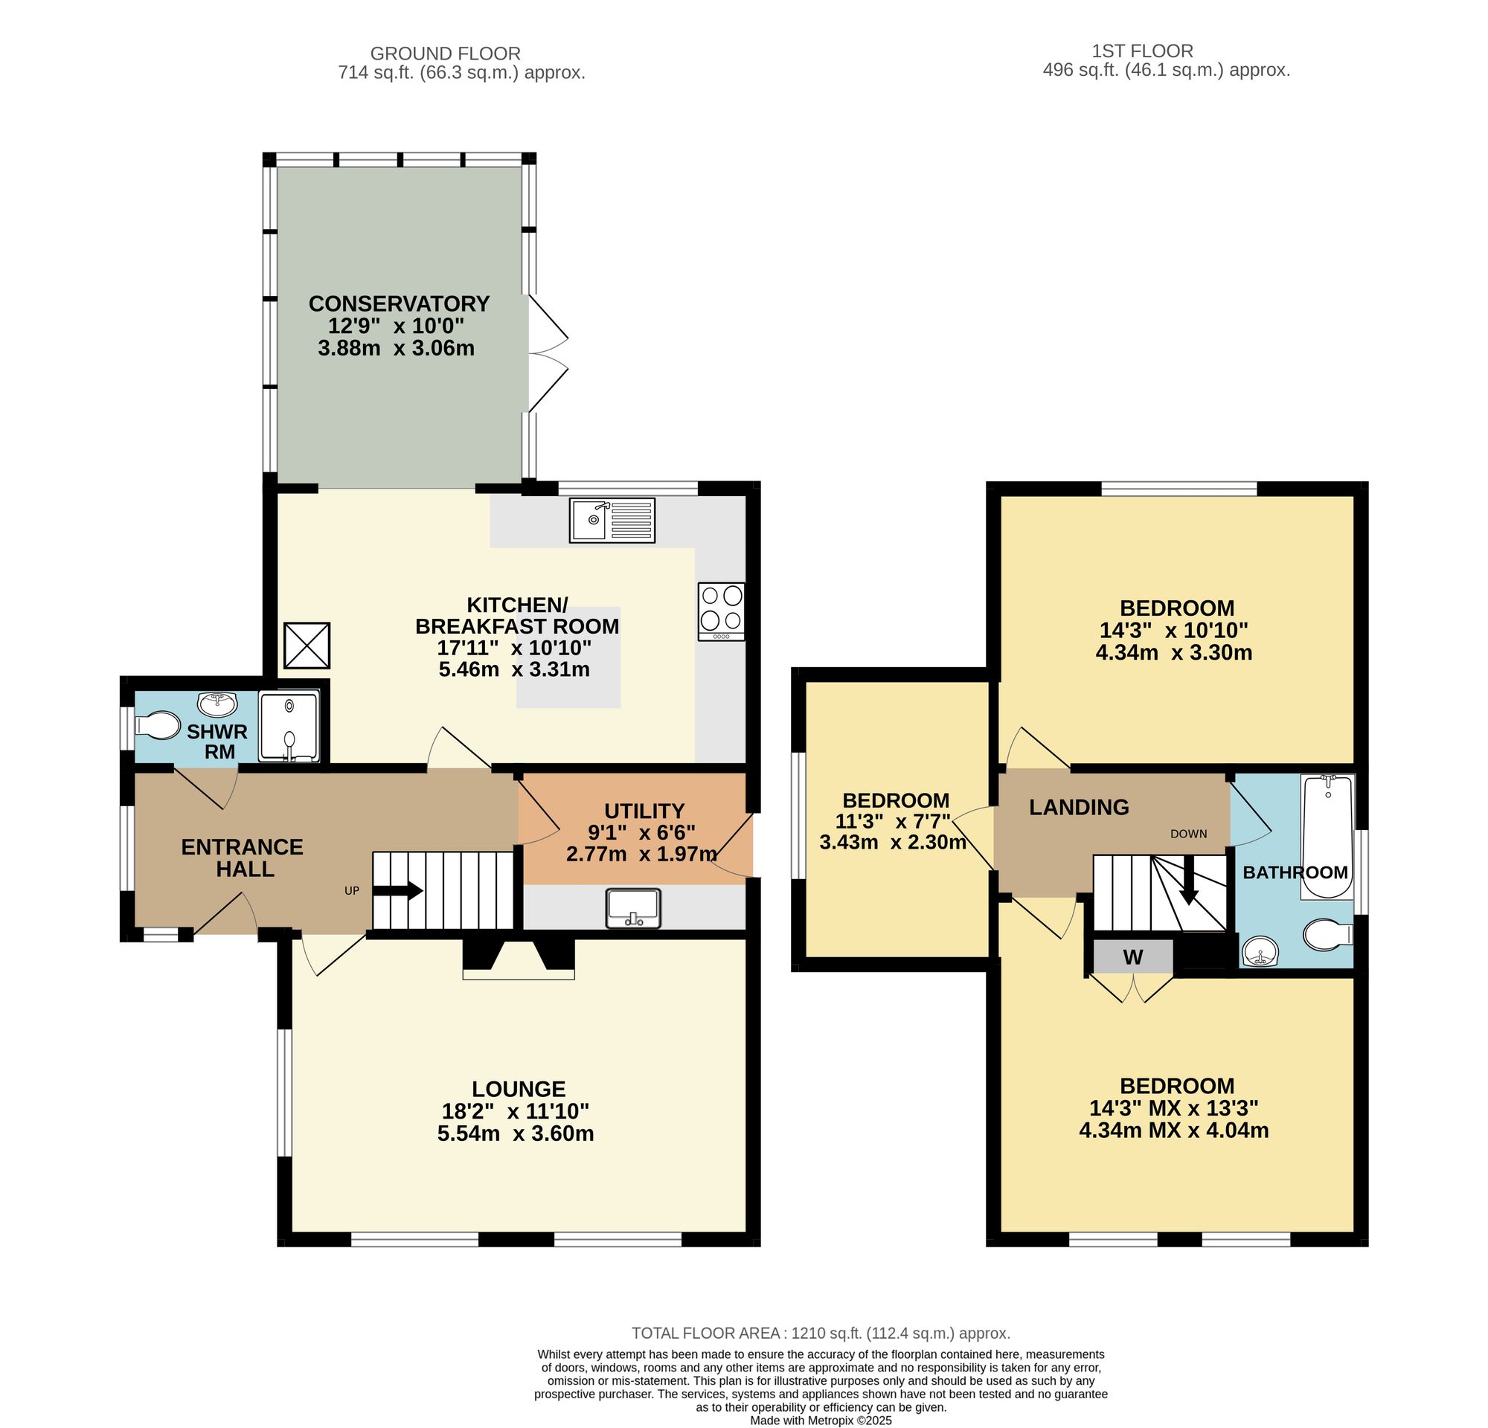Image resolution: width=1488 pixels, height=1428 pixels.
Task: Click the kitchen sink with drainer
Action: tap(612, 520)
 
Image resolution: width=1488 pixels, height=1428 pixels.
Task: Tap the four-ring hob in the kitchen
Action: tap(721, 611)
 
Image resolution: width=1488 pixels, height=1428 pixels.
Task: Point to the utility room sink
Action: tap(634, 908)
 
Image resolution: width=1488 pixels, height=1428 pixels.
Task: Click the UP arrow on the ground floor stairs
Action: tap(398, 890)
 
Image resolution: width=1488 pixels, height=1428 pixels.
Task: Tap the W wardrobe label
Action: tap(1132, 957)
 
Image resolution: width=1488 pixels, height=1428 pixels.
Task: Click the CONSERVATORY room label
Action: tap(400, 303)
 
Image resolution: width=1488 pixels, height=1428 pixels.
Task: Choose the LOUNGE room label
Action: tap(519, 1090)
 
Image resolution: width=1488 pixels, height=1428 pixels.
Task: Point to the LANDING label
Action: tap(1079, 807)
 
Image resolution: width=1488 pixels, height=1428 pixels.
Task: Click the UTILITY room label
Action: tap(644, 811)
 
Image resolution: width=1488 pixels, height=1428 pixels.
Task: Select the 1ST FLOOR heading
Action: tap(1142, 51)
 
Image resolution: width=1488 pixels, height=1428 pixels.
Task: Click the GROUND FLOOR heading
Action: tap(445, 54)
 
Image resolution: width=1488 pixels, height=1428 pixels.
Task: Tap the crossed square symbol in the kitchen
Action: tap(307, 646)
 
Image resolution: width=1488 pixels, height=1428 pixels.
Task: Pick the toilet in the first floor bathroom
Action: tap(1328, 935)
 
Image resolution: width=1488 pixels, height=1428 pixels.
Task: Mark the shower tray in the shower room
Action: tap(289, 725)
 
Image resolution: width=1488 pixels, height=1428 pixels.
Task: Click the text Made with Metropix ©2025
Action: tap(821, 1421)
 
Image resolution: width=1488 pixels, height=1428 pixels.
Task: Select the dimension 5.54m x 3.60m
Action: tap(516, 1133)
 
